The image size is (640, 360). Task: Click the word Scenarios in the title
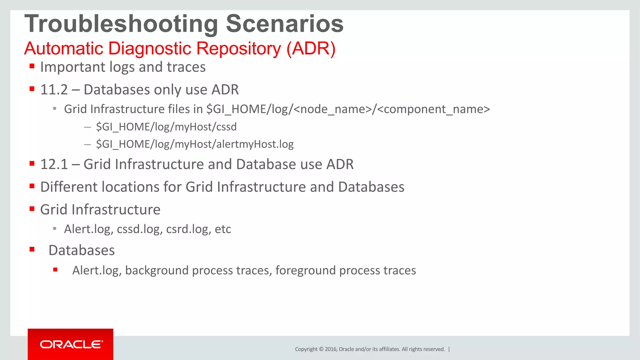[284, 24]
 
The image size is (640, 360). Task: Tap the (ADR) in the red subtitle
[311, 49]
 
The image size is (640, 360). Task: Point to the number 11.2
[54, 90]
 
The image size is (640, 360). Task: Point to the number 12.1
[54, 164]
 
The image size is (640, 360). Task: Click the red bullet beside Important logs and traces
[32, 66]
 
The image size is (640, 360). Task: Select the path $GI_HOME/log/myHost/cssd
[166, 127]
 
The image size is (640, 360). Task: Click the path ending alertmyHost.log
[195, 144]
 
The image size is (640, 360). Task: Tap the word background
[157, 270]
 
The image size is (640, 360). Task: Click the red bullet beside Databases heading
[32, 249]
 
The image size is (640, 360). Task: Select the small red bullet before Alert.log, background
[55, 270]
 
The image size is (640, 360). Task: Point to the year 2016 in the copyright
[331, 349]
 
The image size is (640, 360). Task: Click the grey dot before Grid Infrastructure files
[55, 109]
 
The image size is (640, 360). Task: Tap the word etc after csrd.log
[223, 229]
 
